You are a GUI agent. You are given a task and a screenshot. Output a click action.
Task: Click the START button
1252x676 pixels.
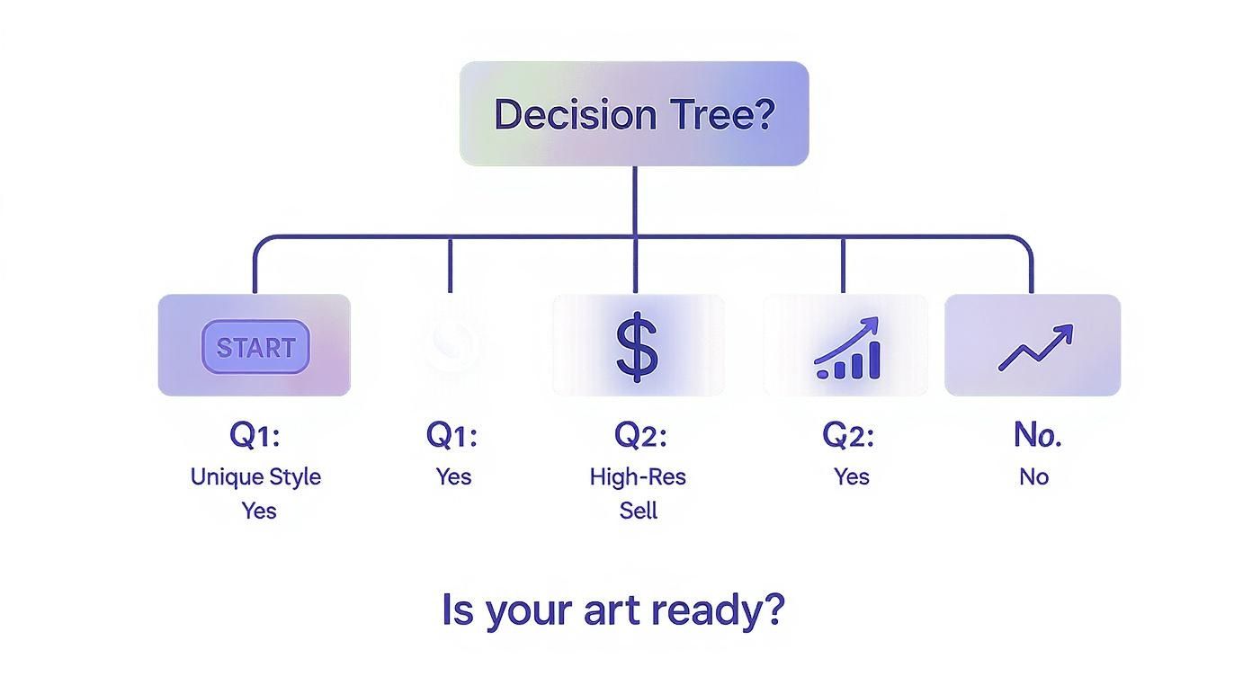(x=255, y=347)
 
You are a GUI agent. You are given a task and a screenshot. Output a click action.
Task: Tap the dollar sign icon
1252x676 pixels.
(x=637, y=347)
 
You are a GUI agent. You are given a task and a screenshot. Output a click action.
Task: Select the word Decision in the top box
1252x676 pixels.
(x=575, y=114)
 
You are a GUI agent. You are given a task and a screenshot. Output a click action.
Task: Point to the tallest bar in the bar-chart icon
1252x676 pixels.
(x=874, y=360)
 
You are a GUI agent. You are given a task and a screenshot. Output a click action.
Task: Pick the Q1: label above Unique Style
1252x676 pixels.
(x=255, y=435)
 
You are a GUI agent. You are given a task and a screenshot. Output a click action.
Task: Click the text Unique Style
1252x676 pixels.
(x=256, y=477)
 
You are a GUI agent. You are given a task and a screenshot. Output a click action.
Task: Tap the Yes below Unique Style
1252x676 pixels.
(x=259, y=511)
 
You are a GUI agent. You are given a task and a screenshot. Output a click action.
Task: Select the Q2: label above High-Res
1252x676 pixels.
(x=640, y=435)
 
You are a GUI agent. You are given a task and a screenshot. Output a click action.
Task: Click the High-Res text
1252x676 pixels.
(x=638, y=476)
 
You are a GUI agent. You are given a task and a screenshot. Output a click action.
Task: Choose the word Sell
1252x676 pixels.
(x=639, y=511)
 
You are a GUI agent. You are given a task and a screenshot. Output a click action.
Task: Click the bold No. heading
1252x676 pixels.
(x=1038, y=435)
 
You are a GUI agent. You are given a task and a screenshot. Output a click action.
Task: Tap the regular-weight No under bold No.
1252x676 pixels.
(x=1034, y=477)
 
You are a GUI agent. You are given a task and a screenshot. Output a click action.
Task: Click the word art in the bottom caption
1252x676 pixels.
(x=612, y=610)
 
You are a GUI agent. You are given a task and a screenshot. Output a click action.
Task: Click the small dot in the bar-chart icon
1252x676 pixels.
(x=822, y=374)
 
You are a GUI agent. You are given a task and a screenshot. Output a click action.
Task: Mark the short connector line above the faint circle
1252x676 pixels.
(x=450, y=265)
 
